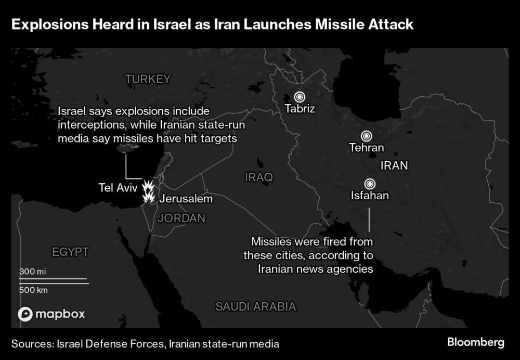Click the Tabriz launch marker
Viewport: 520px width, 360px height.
click(x=299, y=97)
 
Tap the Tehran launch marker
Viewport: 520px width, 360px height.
click(x=367, y=135)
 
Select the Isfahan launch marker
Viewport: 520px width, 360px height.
click(x=370, y=183)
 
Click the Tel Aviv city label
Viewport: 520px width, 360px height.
click(x=118, y=187)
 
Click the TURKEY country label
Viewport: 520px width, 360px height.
click(x=148, y=79)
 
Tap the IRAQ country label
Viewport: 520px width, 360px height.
click(x=258, y=177)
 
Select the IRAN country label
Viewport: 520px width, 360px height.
click(x=394, y=165)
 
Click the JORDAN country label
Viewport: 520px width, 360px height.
click(x=181, y=218)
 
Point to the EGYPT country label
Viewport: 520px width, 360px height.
click(x=71, y=252)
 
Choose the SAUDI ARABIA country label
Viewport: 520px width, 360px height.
click(x=256, y=306)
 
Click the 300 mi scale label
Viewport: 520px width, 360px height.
click(x=33, y=272)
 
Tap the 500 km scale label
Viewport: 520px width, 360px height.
click(x=34, y=290)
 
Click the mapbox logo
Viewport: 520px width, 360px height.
click(x=51, y=314)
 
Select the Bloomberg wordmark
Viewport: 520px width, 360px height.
click(x=475, y=342)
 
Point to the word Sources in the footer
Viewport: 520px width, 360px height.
click(x=32, y=344)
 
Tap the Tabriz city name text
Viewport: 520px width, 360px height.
click(x=300, y=109)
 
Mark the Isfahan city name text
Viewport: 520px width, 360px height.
click(x=370, y=196)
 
